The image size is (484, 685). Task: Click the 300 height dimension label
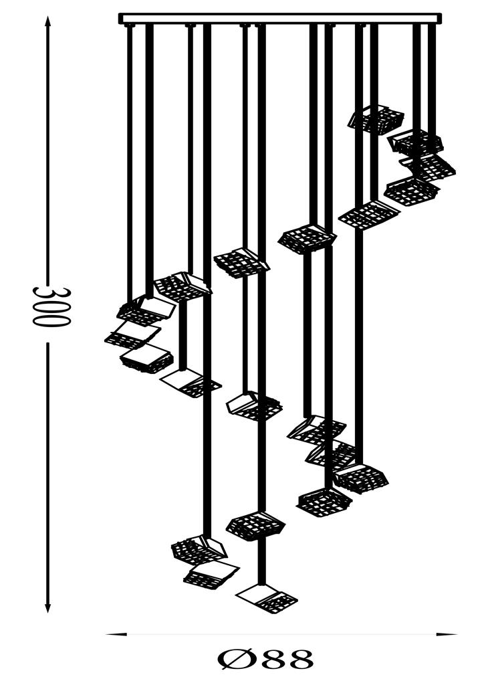click(51, 306)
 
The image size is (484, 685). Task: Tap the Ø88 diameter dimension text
click(266, 660)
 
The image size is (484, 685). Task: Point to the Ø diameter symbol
click(233, 660)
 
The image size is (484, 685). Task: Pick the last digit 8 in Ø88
click(299, 660)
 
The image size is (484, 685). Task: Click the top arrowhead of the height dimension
click(47, 21)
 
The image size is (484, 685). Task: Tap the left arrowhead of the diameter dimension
click(116, 634)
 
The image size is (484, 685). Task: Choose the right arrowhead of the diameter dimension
click(447, 634)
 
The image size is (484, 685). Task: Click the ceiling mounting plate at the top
click(280, 18)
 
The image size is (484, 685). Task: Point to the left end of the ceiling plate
click(119, 18)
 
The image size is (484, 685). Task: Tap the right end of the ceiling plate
click(441, 18)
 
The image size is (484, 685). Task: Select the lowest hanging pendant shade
click(267, 599)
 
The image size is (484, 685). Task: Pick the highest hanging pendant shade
click(376, 118)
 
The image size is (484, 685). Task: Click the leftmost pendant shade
click(132, 334)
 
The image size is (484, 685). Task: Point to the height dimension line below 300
click(47, 477)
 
